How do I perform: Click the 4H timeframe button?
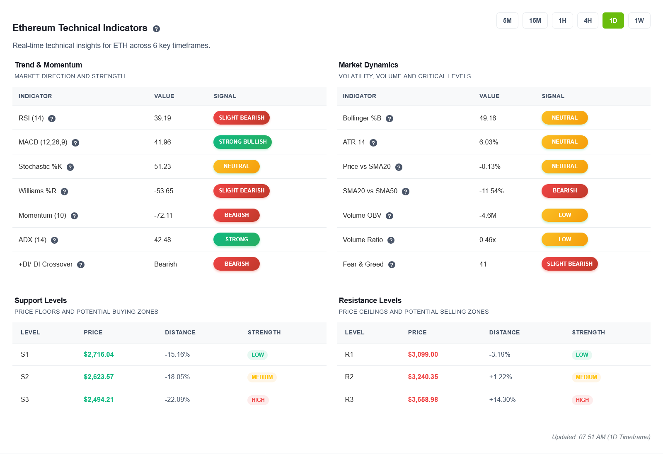588,21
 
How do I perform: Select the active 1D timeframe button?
613,21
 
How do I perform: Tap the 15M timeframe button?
535,21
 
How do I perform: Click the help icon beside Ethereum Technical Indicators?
156,29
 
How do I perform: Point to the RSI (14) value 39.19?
162,118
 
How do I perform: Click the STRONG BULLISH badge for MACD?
242,142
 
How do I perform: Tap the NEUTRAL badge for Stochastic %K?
236,166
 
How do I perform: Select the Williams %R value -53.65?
164,191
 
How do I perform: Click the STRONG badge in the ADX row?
236,240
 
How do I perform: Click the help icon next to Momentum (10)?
74,216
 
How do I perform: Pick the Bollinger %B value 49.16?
487,118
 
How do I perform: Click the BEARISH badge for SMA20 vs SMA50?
564,191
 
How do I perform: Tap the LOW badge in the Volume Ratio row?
564,240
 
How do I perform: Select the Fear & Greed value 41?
483,264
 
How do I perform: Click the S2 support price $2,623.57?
99,377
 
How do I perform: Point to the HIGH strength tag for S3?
258,400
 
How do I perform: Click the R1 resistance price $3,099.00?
423,355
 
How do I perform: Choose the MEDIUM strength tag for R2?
586,377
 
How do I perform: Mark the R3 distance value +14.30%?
502,400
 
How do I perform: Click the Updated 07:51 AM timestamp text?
601,437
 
